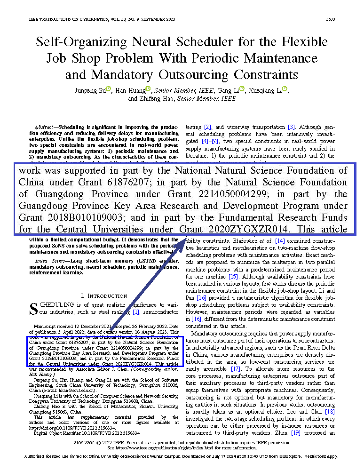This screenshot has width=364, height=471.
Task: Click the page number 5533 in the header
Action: point(330,19)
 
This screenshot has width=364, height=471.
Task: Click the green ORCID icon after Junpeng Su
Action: point(108,89)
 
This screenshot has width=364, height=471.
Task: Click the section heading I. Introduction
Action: point(103,295)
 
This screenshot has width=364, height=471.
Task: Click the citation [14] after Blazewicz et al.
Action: point(280,240)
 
